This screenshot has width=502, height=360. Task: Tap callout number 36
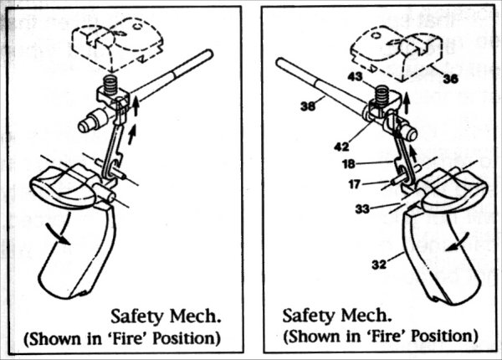[451, 80]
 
